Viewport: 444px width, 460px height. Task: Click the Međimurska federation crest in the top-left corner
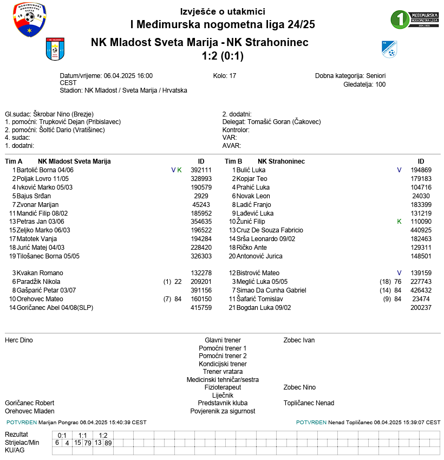tap(29, 20)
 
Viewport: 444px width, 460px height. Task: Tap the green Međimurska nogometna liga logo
tap(415, 19)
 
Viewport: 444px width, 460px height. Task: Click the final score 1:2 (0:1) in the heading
tap(223, 55)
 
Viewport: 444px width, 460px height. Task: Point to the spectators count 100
tap(380, 84)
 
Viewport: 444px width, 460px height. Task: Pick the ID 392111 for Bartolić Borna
tap(201, 170)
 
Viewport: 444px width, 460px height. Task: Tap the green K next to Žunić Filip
tap(399, 222)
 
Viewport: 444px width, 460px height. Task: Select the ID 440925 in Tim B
tap(421, 231)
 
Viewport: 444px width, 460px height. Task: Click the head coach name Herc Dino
tap(19, 340)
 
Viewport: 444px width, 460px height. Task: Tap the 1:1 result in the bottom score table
tap(83, 435)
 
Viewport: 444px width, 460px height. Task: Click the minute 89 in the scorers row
tap(108, 443)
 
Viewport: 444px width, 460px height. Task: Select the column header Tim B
tap(233, 161)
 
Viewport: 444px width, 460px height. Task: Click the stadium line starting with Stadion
tap(123, 90)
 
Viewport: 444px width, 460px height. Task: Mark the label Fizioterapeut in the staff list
tap(223, 387)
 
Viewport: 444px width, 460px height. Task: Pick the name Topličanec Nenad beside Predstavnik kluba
tap(309, 403)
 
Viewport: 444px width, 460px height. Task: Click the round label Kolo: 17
tap(225, 76)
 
